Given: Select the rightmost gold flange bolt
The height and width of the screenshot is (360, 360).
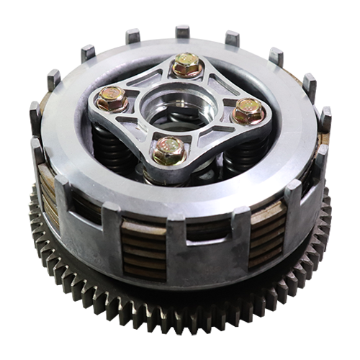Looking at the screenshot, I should (248, 111).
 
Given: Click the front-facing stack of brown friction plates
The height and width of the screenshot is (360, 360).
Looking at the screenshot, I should (145, 249).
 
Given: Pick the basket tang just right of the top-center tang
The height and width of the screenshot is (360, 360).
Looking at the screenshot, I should (232, 39).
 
